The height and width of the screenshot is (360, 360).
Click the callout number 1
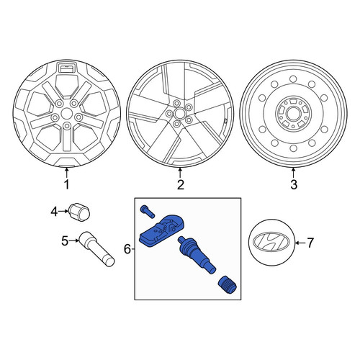tap(66, 184)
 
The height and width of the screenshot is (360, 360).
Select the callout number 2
tap(180, 184)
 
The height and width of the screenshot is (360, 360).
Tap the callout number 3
tap(294, 184)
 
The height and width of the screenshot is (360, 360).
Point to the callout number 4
tap(55, 212)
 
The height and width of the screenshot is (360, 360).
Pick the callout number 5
tap(65, 240)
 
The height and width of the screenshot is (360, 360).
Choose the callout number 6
tap(127, 249)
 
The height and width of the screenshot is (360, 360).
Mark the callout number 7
tap(310, 243)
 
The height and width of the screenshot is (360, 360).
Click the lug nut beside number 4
tap(79, 211)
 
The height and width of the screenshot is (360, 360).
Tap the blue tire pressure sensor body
tap(161, 231)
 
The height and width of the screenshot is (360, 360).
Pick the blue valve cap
tap(227, 285)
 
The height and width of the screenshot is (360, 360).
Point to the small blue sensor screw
tap(148, 212)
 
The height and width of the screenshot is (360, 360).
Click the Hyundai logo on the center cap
tap(271, 243)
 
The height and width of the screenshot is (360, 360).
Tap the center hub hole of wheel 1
tap(67, 114)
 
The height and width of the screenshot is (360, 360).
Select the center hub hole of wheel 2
tap(179, 113)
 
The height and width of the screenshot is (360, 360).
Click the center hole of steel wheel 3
tap(293, 113)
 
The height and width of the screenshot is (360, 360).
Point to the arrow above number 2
tap(180, 174)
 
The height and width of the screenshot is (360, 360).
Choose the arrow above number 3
tap(293, 174)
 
